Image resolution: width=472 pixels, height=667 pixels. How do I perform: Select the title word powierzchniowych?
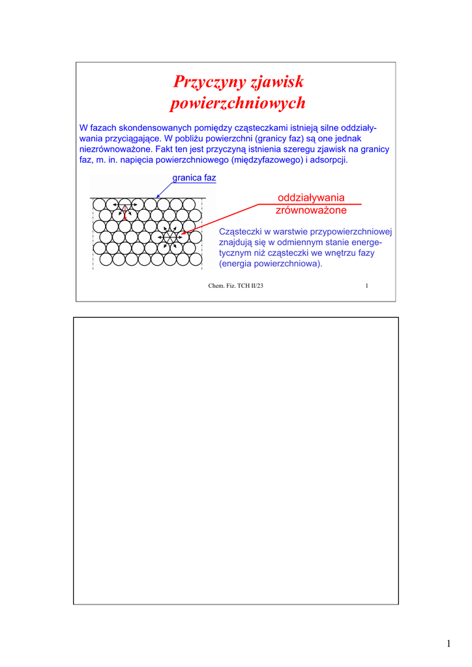click(x=237, y=104)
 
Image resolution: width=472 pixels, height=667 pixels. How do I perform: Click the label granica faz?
click(x=194, y=178)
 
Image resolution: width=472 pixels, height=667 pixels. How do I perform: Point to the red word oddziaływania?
click(x=311, y=198)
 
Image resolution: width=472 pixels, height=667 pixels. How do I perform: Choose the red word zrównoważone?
click(x=311, y=210)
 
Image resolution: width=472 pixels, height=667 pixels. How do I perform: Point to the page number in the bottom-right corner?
click(x=449, y=644)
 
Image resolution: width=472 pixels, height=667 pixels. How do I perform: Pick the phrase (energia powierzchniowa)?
click(x=271, y=264)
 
